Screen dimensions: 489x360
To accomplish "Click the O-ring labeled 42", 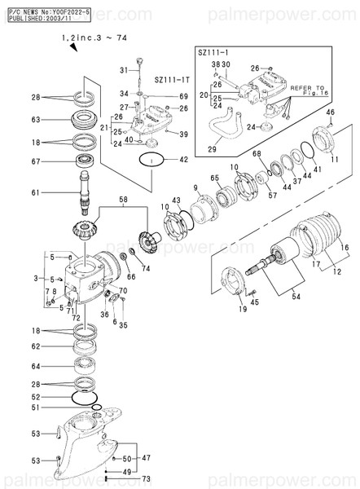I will pyautogui.click(x=150, y=161).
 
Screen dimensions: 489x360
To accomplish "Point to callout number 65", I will pyautogui.click(x=214, y=178).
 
